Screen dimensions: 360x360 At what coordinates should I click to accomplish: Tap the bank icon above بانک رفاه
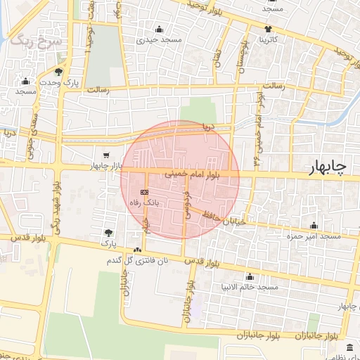tap(144, 191)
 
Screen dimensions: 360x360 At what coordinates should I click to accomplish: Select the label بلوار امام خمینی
tap(202, 173)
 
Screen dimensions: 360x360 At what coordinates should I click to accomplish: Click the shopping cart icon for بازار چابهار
tap(105, 155)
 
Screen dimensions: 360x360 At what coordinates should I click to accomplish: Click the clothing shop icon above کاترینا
tap(269, 29)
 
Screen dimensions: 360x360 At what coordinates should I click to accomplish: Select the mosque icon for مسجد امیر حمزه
tap(314, 225)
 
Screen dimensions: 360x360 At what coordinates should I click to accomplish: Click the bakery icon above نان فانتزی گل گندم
tap(136, 250)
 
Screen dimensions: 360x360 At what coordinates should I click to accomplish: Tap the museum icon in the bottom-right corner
tap(351, 347)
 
